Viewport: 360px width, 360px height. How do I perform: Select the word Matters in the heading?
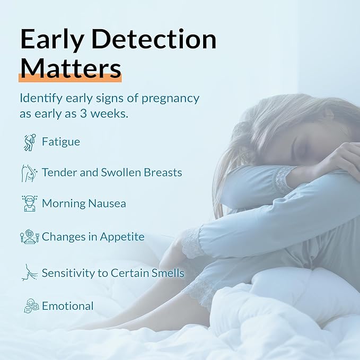click(70, 69)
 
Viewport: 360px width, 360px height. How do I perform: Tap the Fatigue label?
click(61, 142)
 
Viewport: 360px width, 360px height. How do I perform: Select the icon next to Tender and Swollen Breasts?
click(29, 173)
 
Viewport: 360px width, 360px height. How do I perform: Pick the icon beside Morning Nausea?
click(29, 204)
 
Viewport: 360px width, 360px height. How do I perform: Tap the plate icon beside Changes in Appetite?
click(29, 236)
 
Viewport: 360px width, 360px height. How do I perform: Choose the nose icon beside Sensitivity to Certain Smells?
click(29, 273)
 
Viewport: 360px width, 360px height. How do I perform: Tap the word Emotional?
click(68, 306)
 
